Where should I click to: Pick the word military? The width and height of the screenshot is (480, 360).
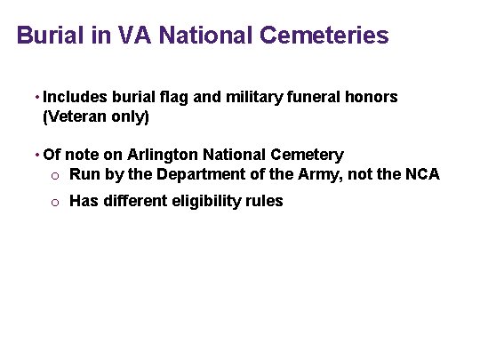pyautogui.click(x=253, y=97)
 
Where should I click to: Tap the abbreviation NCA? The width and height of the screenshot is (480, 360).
pyautogui.click(x=420, y=173)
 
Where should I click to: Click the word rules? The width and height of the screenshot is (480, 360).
pyautogui.click(x=265, y=201)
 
